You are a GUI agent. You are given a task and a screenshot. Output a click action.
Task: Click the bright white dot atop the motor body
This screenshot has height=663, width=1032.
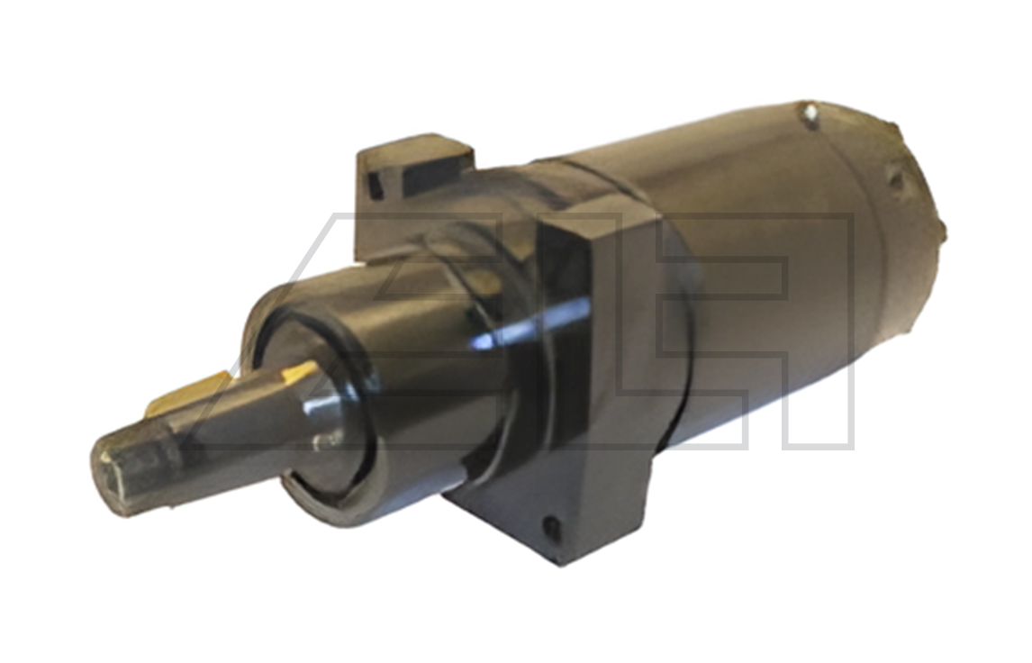coord(810,114)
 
